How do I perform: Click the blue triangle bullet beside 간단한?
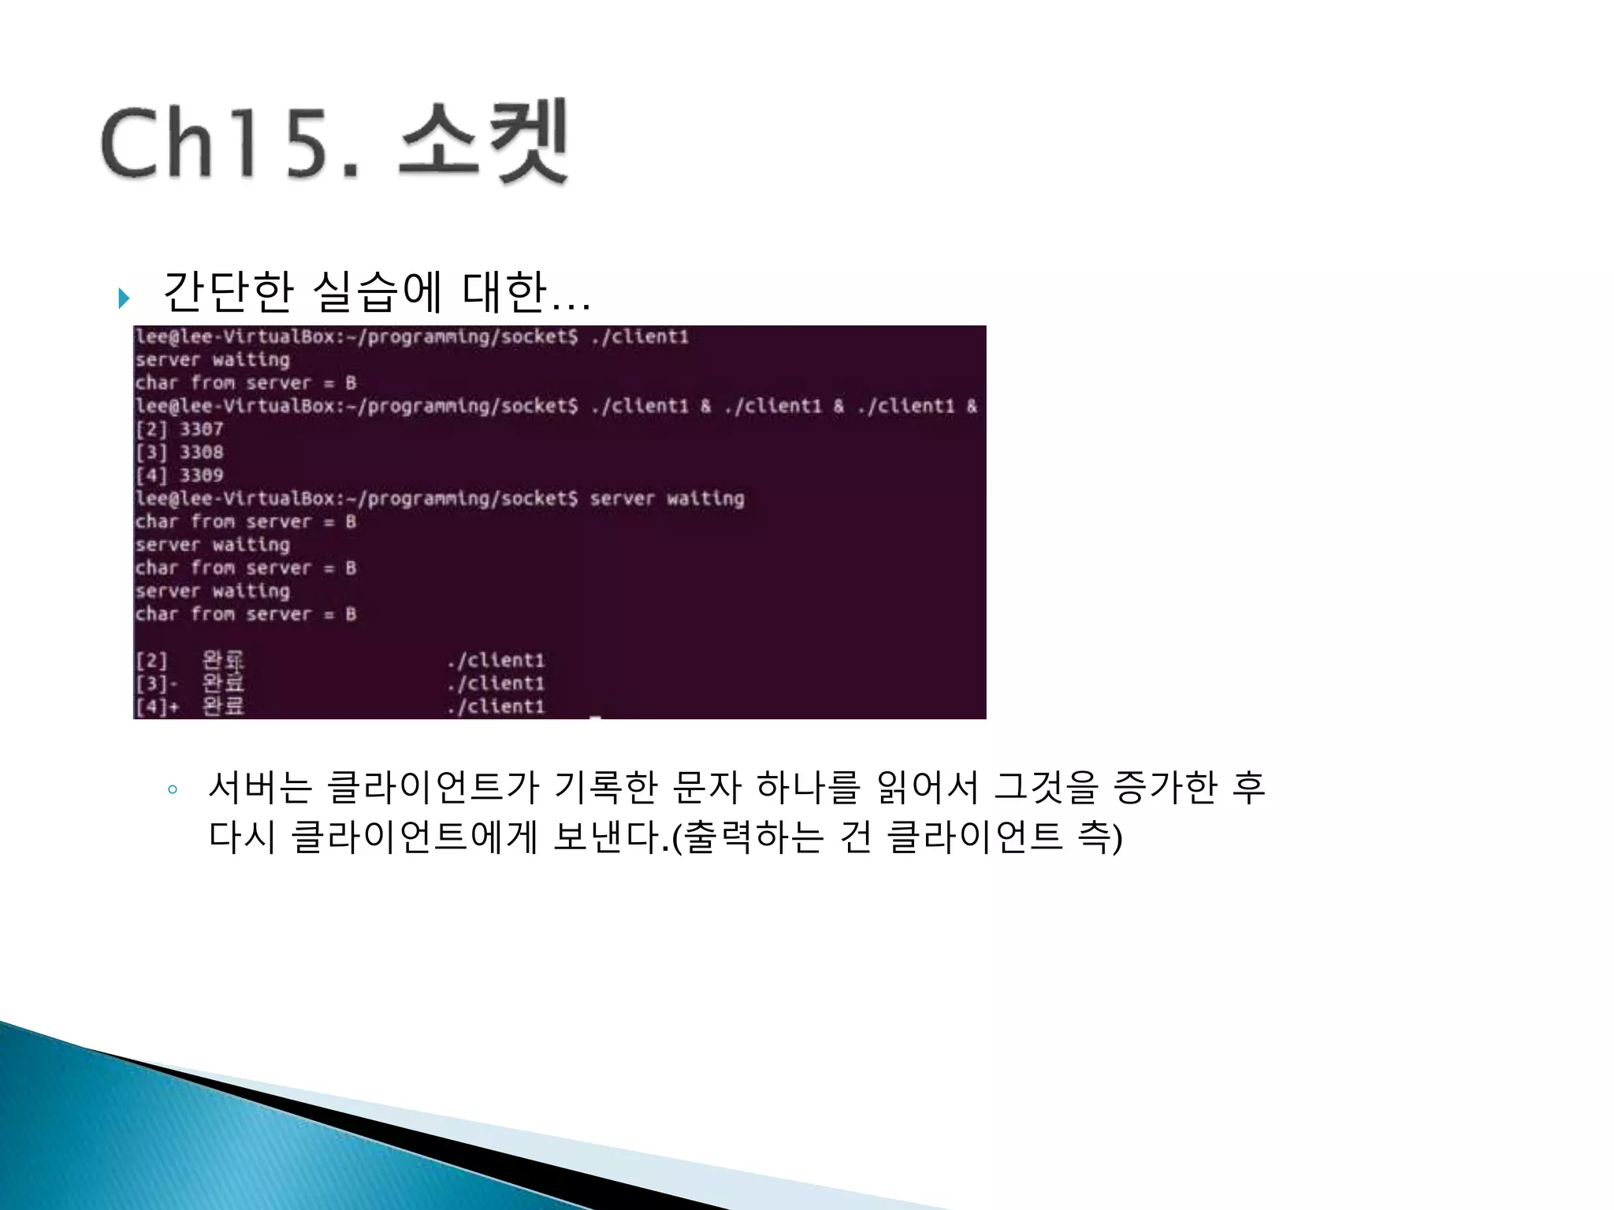124,299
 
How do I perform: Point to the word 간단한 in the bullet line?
229,291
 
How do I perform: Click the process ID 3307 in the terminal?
201,429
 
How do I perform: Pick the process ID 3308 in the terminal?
201,452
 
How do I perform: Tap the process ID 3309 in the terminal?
201,475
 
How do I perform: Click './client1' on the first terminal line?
640,337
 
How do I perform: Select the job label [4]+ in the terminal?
156,707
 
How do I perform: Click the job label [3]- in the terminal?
156,683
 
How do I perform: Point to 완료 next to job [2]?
223,660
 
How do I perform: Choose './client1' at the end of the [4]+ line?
496,707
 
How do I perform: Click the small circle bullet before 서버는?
173,789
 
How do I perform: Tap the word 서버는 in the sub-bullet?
261,787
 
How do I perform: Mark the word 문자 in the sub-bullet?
707,787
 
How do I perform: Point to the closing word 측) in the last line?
1099,837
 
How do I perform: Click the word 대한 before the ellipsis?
504,291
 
